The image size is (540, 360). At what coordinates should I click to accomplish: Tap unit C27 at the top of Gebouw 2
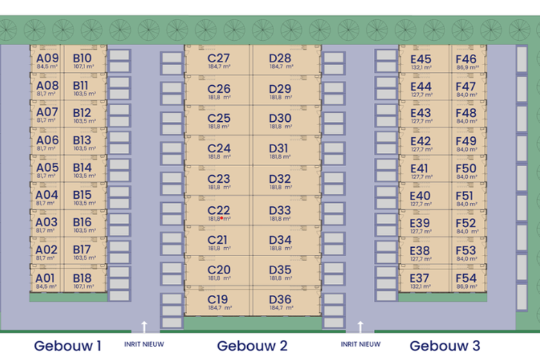tap(219, 61)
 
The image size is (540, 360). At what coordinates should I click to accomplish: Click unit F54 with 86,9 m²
tap(466, 281)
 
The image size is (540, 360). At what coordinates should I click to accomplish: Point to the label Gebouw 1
tap(68, 345)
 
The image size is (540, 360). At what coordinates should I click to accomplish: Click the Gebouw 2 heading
tap(252, 345)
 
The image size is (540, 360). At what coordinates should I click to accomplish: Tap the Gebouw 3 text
tap(444, 345)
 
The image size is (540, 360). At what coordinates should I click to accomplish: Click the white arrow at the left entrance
tap(144, 326)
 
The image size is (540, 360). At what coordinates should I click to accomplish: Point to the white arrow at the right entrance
tap(360, 326)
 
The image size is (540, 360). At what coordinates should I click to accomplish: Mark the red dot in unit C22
tap(220, 218)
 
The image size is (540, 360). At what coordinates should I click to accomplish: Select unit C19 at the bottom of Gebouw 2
tap(219, 303)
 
